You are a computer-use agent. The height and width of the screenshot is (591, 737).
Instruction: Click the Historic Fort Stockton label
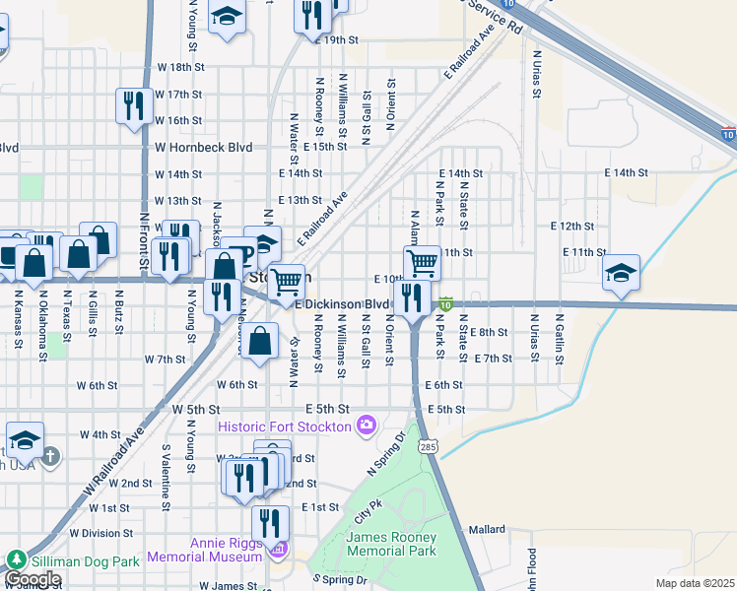pos(284,427)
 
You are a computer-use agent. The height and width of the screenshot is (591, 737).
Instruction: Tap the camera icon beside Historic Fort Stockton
pos(367,426)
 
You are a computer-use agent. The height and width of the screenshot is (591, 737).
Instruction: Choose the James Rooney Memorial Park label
pos(391,544)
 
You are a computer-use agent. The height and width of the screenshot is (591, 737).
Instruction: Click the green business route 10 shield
pos(445,306)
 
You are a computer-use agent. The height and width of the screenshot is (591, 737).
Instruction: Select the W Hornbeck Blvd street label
pos(203,147)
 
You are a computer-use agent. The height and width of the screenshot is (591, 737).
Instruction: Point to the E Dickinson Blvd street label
pos(343,305)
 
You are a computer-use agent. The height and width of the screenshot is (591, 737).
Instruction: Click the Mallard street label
pos(486,529)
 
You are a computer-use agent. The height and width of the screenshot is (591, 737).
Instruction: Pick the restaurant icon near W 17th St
pos(132,105)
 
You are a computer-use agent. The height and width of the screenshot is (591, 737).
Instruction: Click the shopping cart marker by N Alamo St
pos(422,263)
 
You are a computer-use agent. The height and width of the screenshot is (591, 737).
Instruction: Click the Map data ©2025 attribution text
pos(696,583)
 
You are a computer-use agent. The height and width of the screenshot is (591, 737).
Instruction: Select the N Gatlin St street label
pos(558,339)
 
